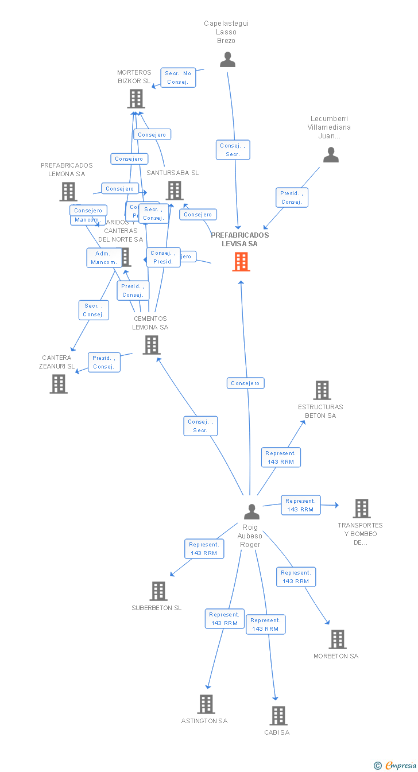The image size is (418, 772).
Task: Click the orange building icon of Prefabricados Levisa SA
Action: pos(241,262)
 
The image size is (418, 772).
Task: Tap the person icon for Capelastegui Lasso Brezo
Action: pos(228,60)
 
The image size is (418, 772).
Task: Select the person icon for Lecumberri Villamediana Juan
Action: pos(331,155)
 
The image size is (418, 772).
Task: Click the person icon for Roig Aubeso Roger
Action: pos(251,511)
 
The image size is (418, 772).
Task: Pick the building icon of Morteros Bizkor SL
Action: pos(136,99)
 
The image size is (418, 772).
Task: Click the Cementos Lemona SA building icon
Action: pos(151,345)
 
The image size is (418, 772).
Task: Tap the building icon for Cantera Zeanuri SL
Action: pos(59,383)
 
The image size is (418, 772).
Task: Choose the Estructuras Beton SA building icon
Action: pos(322,390)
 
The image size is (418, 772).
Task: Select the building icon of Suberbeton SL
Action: pos(158,591)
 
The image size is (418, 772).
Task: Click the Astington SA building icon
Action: pos(206,704)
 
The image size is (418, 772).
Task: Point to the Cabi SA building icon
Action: pos(278,716)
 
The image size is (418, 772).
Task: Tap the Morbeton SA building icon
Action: pos(338,639)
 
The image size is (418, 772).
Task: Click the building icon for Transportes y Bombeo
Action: pos(362,509)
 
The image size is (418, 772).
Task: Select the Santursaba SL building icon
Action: pos(175,191)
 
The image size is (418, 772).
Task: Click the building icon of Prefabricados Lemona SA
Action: pos(68,192)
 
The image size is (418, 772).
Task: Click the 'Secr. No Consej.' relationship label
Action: pos(178,77)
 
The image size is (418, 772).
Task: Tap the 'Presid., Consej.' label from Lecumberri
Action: pos(292,197)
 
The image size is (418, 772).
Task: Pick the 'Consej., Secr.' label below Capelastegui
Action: pos(233,150)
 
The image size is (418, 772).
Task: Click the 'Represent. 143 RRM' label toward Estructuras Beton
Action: pos(281,457)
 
